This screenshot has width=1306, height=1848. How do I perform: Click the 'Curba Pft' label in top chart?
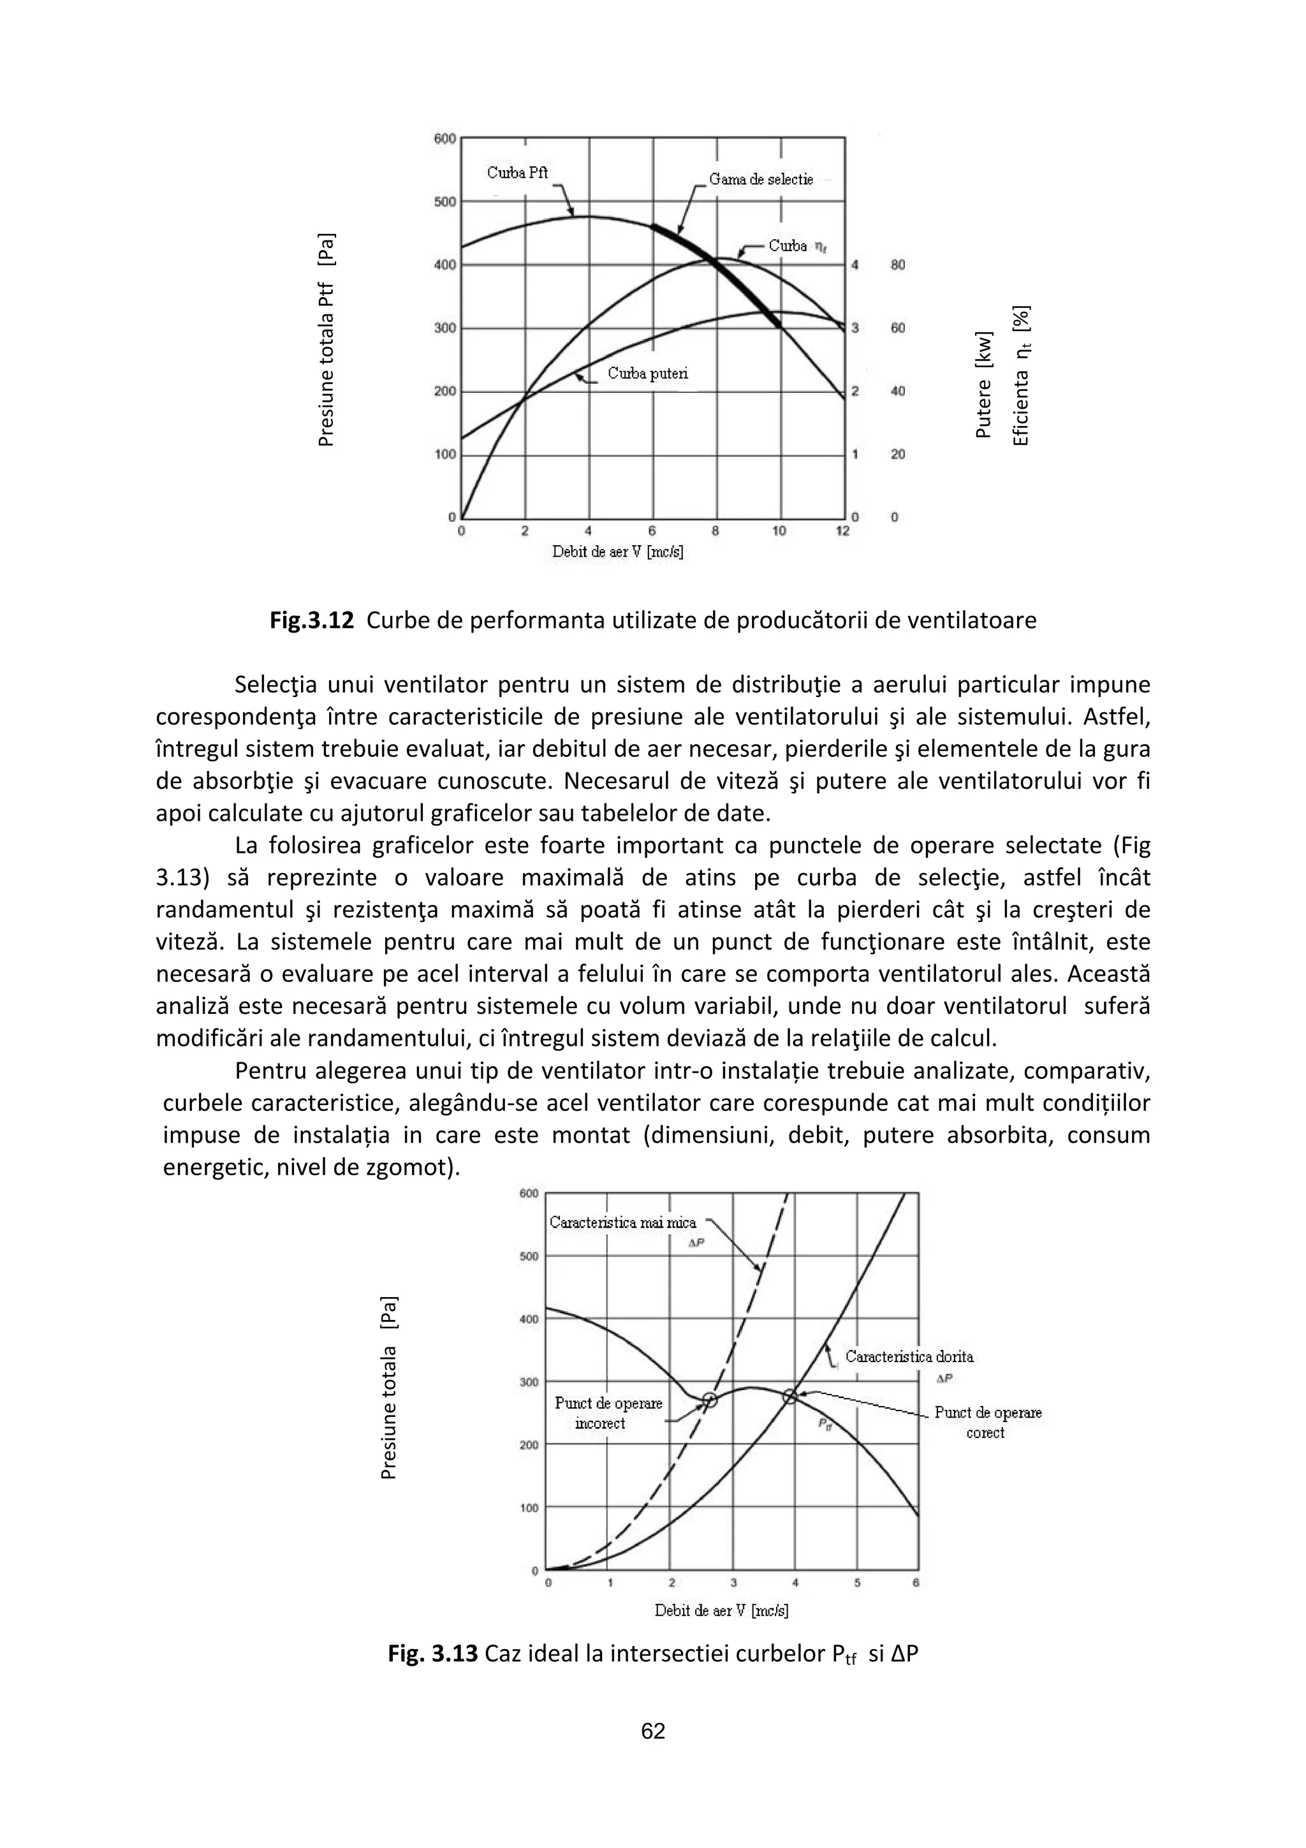click(517, 173)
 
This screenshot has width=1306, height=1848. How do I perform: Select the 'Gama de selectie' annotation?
click(760, 179)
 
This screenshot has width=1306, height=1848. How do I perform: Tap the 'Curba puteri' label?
click(648, 374)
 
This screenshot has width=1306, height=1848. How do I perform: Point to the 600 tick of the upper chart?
click(444, 138)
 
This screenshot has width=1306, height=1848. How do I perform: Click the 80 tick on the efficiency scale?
click(897, 265)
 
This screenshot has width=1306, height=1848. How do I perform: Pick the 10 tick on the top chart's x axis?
click(778, 532)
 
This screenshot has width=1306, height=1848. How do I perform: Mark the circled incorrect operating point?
click(710, 1400)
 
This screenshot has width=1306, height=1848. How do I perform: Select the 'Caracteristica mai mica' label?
click(623, 1222)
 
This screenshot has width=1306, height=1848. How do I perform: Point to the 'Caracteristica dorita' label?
click(909, 1356)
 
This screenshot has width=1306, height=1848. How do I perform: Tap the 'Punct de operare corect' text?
click(987, 1422)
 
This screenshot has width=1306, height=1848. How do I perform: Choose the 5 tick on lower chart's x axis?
click(856, 1582)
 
